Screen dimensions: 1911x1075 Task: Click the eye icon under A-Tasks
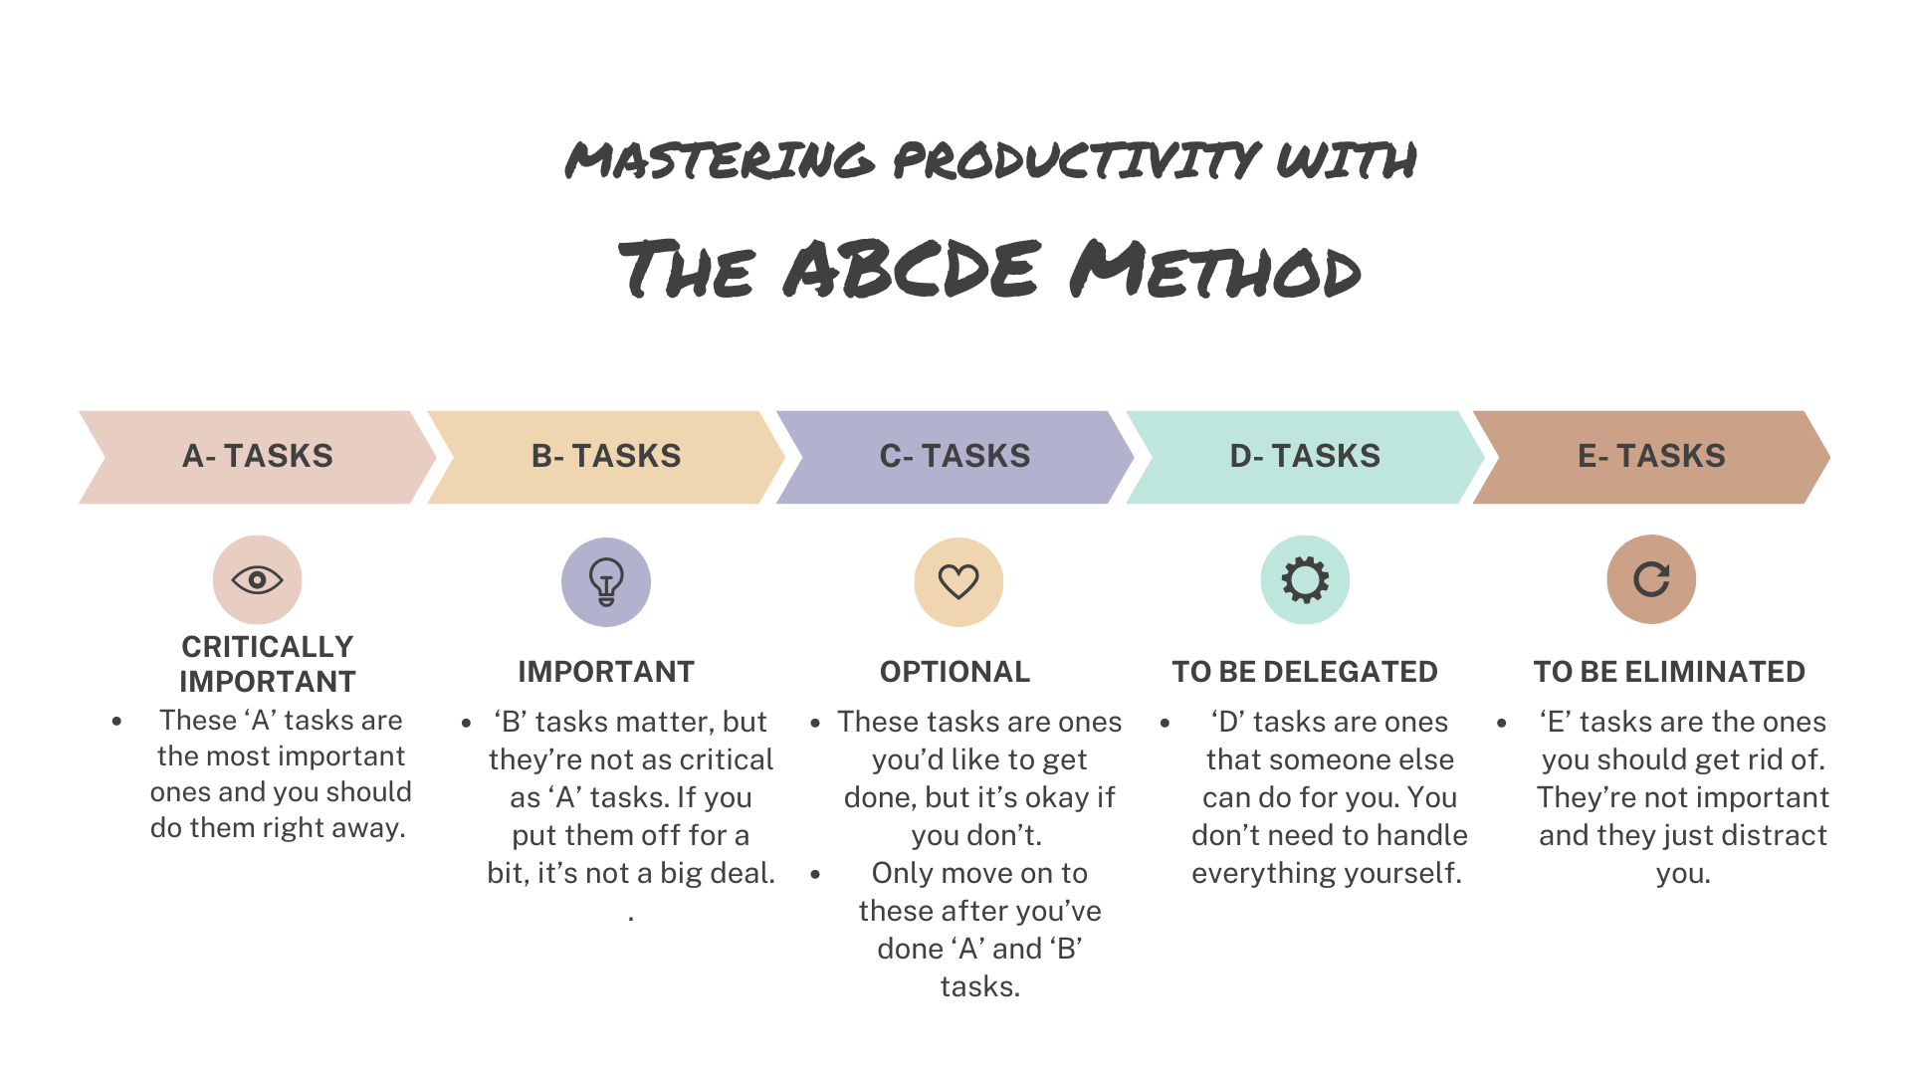(257, 579)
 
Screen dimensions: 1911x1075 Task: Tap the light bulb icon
(606, 581)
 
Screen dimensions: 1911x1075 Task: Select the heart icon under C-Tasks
(958, 581)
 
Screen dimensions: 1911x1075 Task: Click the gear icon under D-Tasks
(1305, 579)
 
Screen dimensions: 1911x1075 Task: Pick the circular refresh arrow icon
(1651, 579)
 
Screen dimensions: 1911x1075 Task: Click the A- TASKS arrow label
(257, 456)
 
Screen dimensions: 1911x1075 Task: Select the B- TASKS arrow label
(606, 456)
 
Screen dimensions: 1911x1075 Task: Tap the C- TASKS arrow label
(955, 456)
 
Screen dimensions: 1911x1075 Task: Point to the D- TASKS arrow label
(1305, 456)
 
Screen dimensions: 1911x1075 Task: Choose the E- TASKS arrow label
(1651, 456)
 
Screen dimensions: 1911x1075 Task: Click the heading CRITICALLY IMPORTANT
(268, 664)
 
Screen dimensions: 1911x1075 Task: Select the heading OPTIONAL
(955, 672)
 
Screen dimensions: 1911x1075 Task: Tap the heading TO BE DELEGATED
(1304, 672)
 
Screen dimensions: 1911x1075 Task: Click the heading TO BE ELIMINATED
(1669, 672)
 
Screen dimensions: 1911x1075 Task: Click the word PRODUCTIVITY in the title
(1075, 160)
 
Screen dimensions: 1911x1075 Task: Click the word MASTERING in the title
(720, 160)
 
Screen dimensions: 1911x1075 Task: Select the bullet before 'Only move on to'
(815, 874)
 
